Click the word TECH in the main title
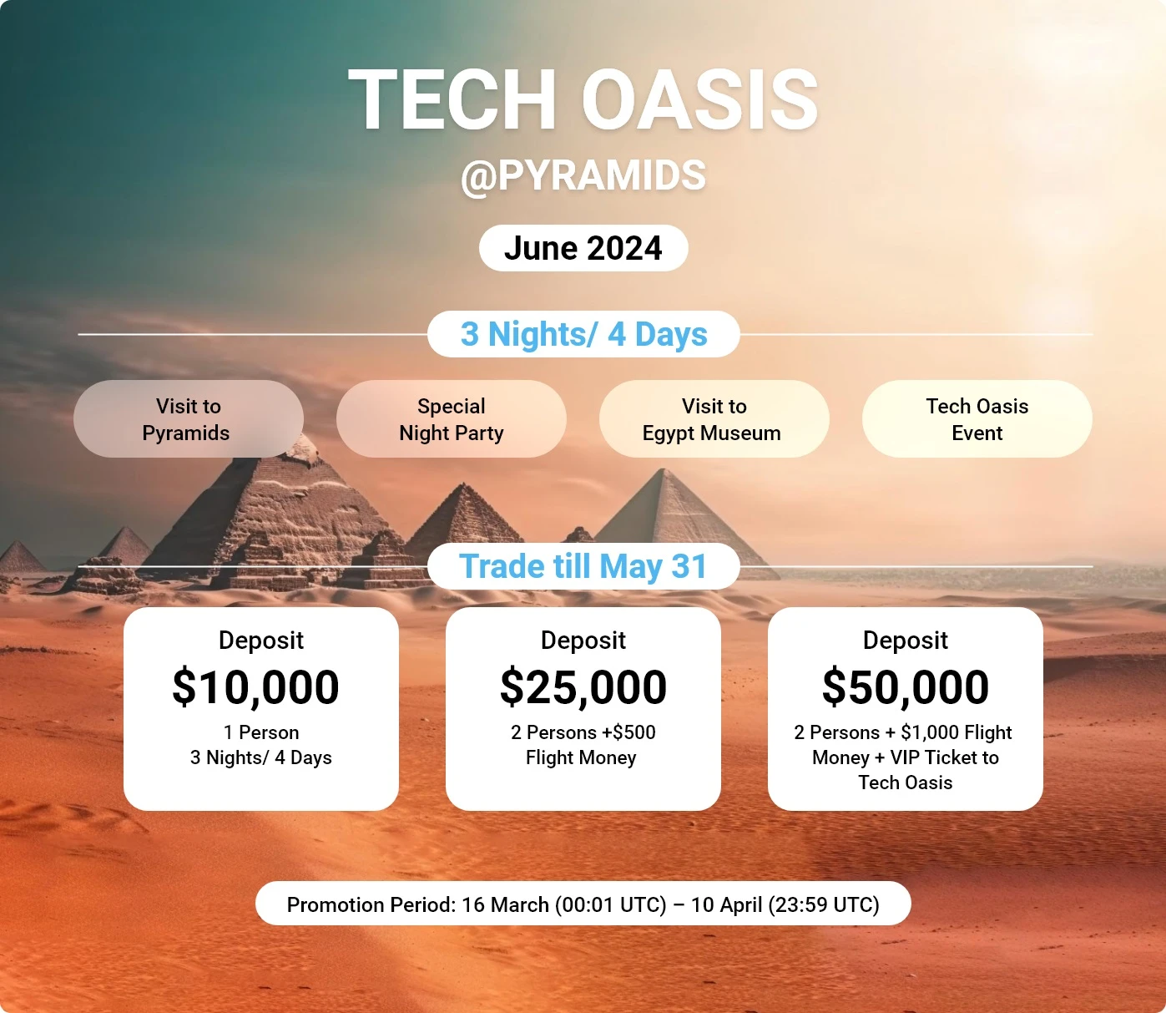(452, 99)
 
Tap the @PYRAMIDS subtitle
(583, 175)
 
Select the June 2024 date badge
(583, 248)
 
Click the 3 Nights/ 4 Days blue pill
(583, 334)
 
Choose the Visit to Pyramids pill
(188, 419)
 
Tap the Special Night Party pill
(452, 419)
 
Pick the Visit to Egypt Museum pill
(714, 419)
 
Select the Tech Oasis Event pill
(977, 419)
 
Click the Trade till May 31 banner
(583, 567)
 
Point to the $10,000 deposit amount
(256, 687)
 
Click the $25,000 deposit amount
(583, 687)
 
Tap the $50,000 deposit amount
(905, 687)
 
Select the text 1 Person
(261, 732)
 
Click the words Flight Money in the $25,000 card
(581, 757)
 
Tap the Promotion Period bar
(583, 904)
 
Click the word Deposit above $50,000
(905, 641)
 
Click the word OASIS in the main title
(699, 99)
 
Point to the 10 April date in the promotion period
(727, 904)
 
